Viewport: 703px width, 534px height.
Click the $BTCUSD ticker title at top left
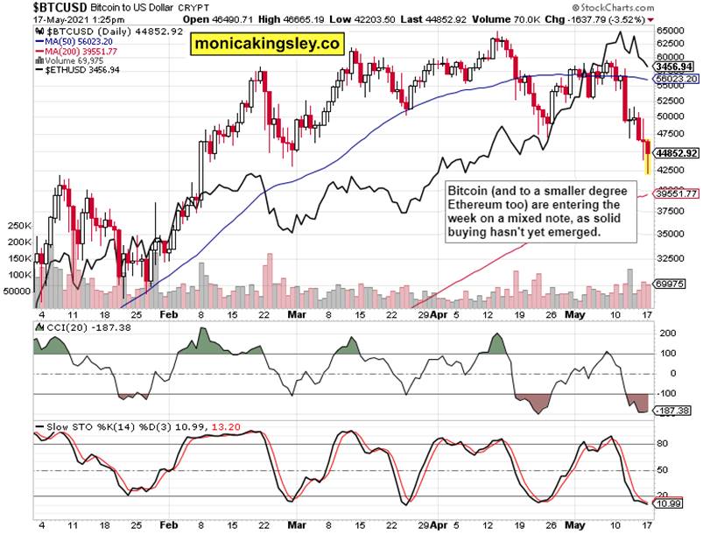(33, 6)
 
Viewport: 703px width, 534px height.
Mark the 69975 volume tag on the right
(671, 284)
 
